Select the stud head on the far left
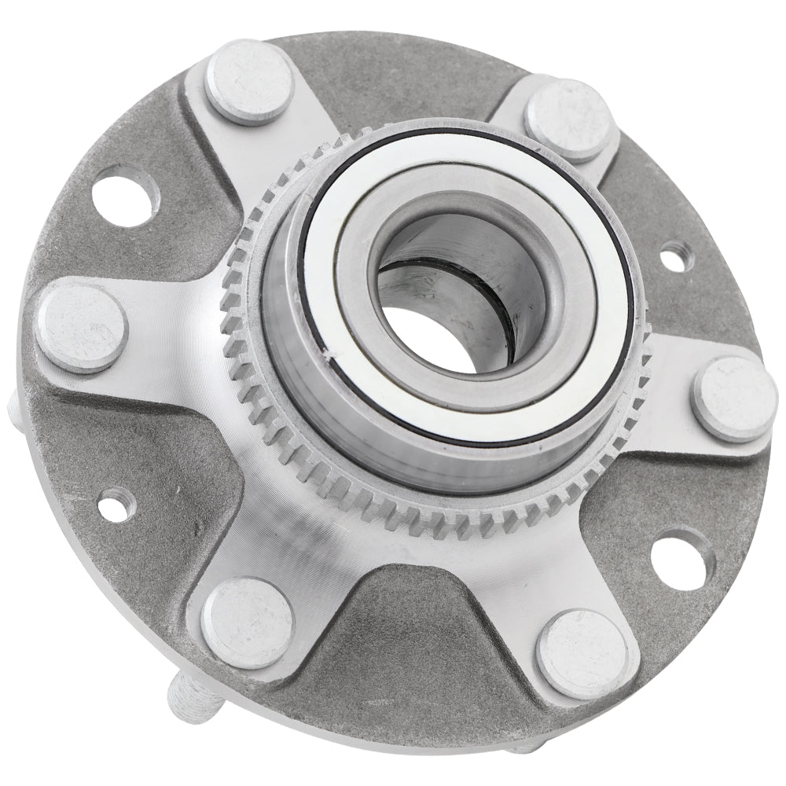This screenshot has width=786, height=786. coord(81,329)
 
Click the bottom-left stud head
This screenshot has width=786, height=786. coord(247,622)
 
